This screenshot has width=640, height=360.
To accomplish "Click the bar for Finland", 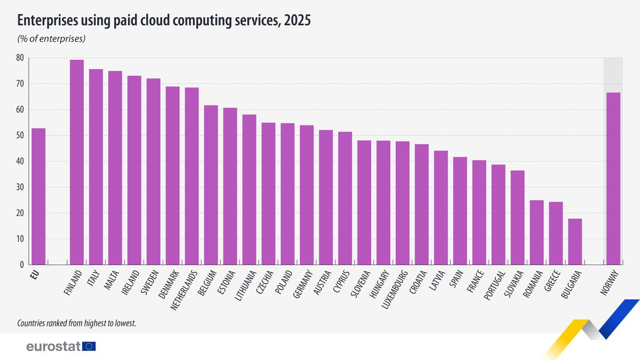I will (77, 162).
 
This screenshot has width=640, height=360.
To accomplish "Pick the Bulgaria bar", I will (575, 242).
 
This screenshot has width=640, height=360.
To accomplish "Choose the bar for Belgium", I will (211, 185).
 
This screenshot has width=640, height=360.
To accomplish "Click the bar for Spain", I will (460, 211).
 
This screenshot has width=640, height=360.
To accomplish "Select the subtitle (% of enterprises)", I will (52, 38).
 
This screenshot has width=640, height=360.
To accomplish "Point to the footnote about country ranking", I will (77, 323).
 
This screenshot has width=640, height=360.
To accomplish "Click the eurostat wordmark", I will (53, 347).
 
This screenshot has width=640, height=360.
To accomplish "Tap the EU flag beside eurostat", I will (89, 347).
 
